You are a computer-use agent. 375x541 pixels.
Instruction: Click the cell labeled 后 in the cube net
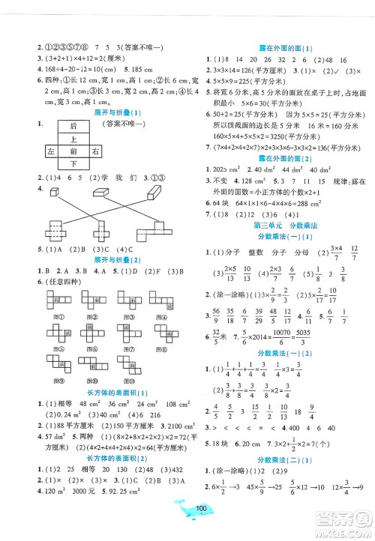74,127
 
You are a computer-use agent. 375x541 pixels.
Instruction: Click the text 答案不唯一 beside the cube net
124,126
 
